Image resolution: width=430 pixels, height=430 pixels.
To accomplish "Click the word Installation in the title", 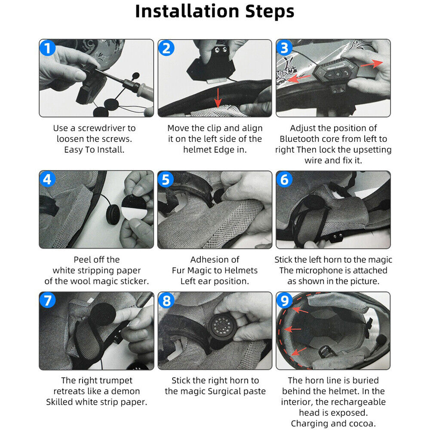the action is [x=187, y=11].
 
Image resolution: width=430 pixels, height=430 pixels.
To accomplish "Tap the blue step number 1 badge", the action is [x=47, y=48].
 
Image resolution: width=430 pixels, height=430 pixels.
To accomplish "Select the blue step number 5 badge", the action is [x=166, y=180].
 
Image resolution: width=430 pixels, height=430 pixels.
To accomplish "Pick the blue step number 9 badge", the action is [x=284, y=300].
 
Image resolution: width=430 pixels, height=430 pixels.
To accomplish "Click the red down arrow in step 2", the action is [x=218, y=98].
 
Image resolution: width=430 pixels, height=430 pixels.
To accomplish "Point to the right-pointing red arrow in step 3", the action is [x=372, y=64].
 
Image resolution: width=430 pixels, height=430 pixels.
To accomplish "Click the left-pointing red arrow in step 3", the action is [x=299, y=78].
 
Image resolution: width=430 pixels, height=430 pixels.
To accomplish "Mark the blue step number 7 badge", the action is [x=47, y=300].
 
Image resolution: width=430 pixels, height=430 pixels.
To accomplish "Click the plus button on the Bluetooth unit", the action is [x=338, y=74].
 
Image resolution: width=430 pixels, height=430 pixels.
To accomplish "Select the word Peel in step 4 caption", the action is [x=81, y=259].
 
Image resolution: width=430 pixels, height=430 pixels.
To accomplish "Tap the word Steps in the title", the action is [x=270, y=12].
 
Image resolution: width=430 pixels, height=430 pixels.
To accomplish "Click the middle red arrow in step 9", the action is [x=292, y=329].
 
